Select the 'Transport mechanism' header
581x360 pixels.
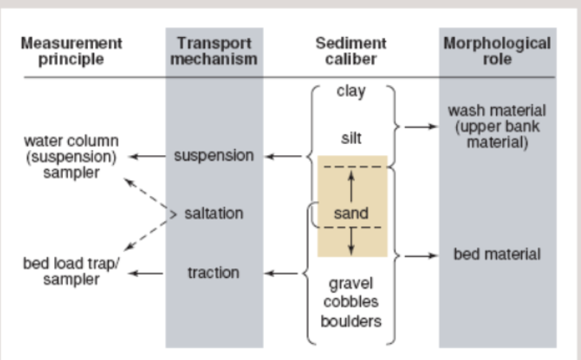(214, 51)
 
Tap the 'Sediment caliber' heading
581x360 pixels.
(350, 51)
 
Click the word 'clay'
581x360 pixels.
(351, 92)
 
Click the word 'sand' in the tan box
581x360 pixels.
(350, 214)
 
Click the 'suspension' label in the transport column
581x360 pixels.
(214, 156)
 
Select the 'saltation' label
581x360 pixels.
(214, 213)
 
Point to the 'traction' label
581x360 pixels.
(214, 273)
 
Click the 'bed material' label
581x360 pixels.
(497, 255)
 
